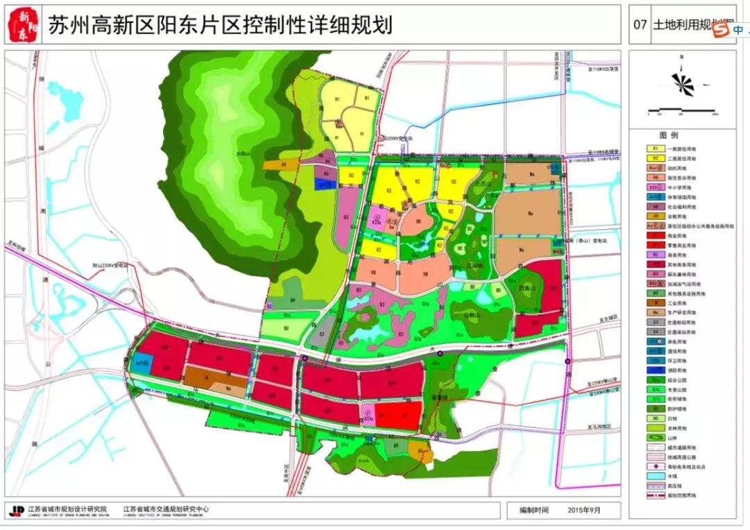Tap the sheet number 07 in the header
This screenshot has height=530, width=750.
tap(640, 26)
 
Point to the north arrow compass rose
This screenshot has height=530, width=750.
tap(683, 83)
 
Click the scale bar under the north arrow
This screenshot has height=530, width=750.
tap(683, 111)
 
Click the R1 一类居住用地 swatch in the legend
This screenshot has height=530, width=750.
tap(655, 148)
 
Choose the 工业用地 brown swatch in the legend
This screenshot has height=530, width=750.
tap(655, 302)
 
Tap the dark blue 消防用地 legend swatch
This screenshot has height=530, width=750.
tap(655, 370)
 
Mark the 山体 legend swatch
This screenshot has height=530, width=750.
tap(655, 438)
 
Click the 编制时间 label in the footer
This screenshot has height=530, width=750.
tap(534, 510)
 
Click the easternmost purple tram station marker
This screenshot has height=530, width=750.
tap(567, 361)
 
